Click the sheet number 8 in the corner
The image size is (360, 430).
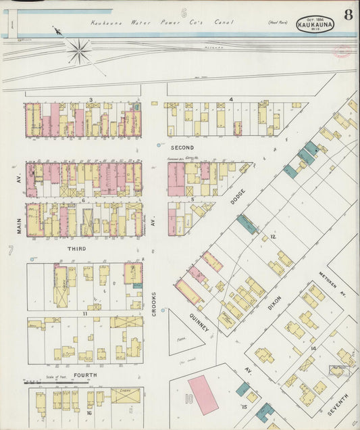(346, 14)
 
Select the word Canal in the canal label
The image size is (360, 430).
(223, 22)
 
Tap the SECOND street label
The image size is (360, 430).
(182, 147)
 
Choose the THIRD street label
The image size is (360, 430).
(76, 249)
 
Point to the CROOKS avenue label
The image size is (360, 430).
(155, 304)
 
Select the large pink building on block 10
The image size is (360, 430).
(203, 395)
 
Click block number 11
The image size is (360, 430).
(85, 314)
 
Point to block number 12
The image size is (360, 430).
(273, 237)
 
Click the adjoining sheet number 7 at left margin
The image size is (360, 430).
(11, 252)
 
